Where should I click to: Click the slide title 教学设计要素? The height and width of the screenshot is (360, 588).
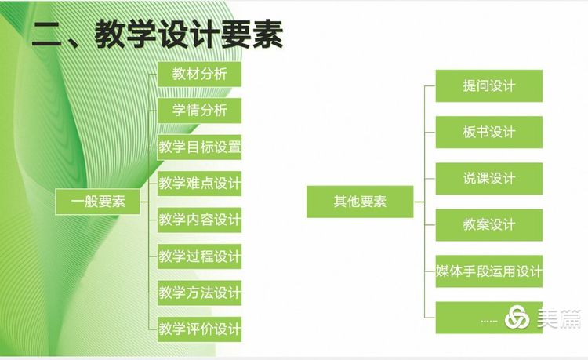pyautogui.click(x=189, y=35)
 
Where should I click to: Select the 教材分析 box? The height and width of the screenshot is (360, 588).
pyautogui.click(x=199, y=75)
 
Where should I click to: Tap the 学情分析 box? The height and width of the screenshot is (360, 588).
pyautogui.click(x=199, y=111)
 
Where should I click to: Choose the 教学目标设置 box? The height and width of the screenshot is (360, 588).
pyautogui.click(x=199, y=147)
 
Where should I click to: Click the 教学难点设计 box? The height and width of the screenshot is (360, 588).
pyautogui.click(x=199, y=184)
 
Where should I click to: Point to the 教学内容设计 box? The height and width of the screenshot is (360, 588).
pyautogui.click(x=199, y=220)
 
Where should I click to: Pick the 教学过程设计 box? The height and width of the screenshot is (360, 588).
pyautogui.click(x=199, y=256)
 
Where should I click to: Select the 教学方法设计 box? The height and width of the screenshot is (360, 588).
pyautogui.click(x=199, y=293)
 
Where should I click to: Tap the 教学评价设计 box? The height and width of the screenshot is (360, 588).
pyautogui.click(x=199, y=329)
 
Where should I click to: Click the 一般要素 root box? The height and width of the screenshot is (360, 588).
pyautogui.click(x=97, y=202)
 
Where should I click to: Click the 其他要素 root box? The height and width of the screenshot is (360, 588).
pyautogui.click(x=360, y=202)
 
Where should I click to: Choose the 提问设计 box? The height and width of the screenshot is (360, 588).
pyautogui.click(x=489, y=85)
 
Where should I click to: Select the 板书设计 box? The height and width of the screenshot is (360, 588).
pyautogui.click(x=489, y=132)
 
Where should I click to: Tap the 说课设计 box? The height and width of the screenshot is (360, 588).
pyautogui.click(x=489, y=179)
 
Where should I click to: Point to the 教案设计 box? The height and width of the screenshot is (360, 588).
pyautogui.click(x=489, y=225)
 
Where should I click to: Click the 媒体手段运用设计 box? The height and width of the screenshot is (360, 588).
pyautogui.click(x=489, y=271)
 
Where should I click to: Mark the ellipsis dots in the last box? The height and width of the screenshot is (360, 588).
pyautogui.click(x=489, y=321)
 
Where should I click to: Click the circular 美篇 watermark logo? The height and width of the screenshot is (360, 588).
pyautogui.click(x=517, y=317)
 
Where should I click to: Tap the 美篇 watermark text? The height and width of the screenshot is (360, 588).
pyautogui.click(x=559, y=318)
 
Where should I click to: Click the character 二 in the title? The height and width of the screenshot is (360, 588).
pyautogui.click(x=46, y=35)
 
